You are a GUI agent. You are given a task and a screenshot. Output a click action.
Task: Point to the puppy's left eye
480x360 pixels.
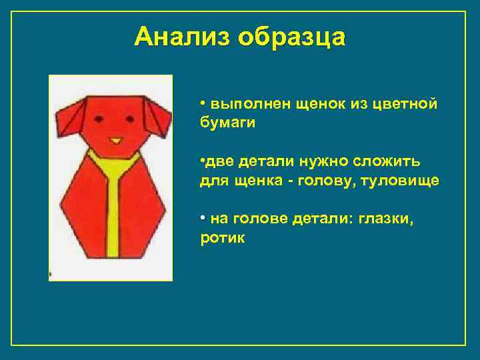point(99,119)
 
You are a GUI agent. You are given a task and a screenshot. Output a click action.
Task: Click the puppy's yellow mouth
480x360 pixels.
point(115,141)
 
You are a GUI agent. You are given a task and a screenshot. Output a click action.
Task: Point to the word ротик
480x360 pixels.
point(223,238)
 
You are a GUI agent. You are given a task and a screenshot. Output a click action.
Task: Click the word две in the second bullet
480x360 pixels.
point(215,162)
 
